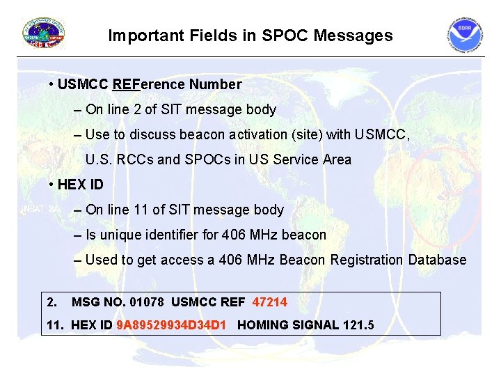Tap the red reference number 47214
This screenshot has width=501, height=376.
click(270, 301)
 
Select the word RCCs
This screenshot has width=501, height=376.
click(132, 159)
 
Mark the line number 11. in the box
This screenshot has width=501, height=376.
click(54, 324)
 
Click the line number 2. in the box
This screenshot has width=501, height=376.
click(51, 301)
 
